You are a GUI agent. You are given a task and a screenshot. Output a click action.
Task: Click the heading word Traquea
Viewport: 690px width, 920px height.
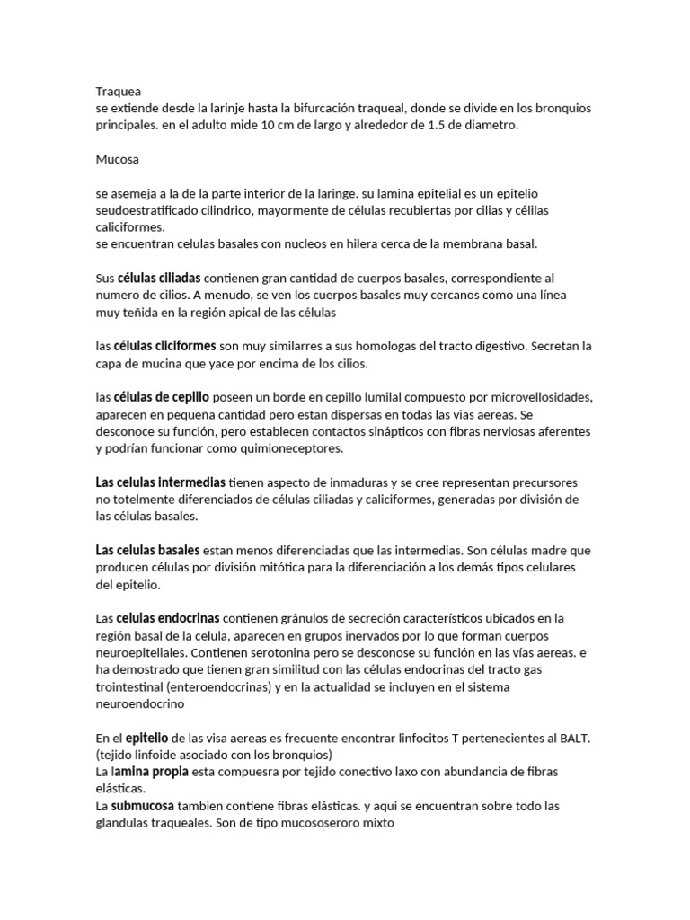(x=119, y=91)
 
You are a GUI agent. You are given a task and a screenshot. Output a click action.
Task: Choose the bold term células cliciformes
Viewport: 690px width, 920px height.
(x=164, y=346)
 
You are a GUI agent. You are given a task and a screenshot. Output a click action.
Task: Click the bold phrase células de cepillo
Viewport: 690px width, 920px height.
(x=162, y=397)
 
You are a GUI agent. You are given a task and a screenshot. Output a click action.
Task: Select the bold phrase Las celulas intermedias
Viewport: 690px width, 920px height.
(x=160, y=482)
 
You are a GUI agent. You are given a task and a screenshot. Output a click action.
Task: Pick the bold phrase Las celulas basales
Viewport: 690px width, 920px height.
(x=148, y=550)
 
